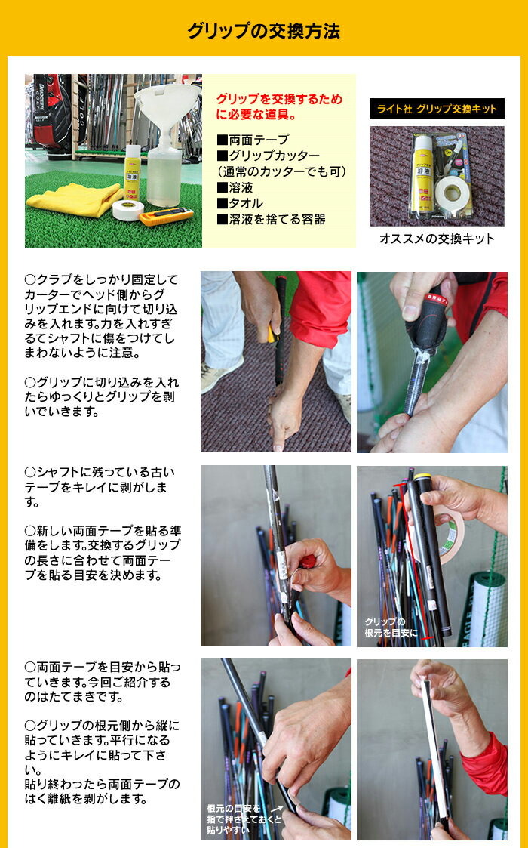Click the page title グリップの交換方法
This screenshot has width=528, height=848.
point(264,31)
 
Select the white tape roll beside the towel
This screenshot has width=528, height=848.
point(128,210)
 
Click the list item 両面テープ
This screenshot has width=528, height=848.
point(253,140)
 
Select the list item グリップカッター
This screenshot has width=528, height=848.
point(268,156)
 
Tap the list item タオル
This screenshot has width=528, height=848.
point(239,203)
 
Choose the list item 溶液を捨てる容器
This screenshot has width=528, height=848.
point(271,219)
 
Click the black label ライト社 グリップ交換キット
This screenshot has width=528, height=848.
point(437,109)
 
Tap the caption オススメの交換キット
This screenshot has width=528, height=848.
point(437,239)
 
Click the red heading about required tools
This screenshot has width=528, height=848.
point(279,106)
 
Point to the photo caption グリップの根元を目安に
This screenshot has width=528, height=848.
point(391,628)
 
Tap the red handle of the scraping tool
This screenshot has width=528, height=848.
point(308,561)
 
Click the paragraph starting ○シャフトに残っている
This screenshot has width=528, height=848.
point(100,487)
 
